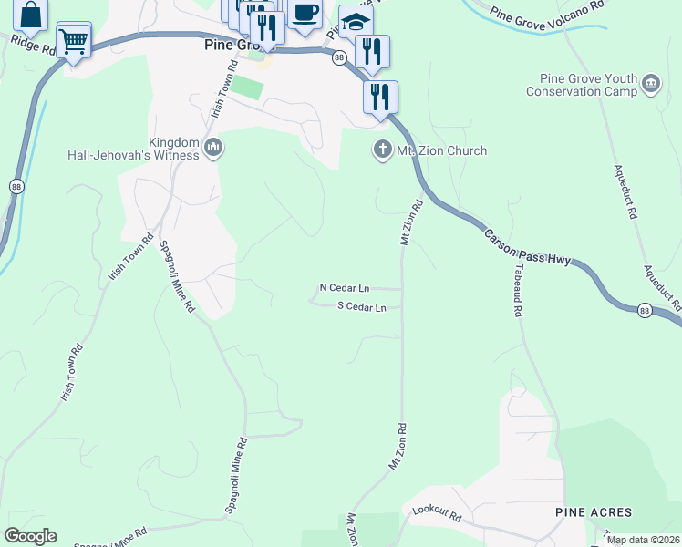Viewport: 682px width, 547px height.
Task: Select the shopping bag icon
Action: point(30,15)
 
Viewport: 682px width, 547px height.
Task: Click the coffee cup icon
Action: point(305,13)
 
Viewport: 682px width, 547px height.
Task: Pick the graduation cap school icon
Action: point(356,22)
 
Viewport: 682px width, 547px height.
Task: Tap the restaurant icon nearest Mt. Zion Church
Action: point(380,96)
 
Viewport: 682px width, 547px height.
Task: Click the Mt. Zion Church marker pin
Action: point(383,150)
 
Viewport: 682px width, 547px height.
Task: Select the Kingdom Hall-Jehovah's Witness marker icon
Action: point(213,148)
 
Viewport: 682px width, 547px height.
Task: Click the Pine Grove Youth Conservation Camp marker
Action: point(651,85)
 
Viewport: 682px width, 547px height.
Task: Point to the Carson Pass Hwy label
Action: point(527,247)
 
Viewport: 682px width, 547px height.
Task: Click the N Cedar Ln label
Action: point(344,287)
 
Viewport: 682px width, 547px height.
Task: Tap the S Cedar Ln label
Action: point(362,307)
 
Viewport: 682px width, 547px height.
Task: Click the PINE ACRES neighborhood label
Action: point(594,513)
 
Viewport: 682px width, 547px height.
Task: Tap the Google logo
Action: point(31,536)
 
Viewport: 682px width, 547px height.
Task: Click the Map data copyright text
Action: point(643,540)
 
